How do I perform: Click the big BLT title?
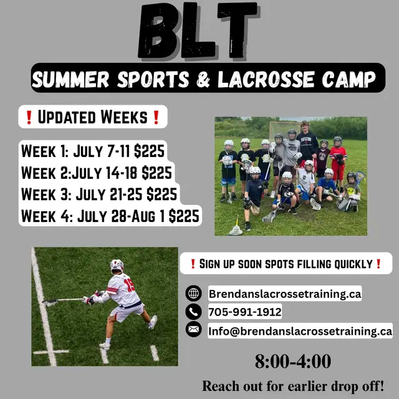(198, 31)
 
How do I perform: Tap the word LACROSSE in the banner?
(266, 79)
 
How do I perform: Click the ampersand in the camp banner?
(203, 79)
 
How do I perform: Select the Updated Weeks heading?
(93, 117)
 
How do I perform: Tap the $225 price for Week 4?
(184, 216)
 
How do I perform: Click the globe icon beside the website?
(193, 293)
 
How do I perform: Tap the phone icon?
(193, 312)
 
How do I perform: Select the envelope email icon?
(193, 330)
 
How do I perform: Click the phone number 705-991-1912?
(245, 312)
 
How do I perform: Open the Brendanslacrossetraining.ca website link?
(285, 294)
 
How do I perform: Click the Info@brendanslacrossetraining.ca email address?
(300, 331)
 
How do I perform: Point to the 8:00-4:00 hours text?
(293, 362)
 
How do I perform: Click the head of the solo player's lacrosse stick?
(50, 302)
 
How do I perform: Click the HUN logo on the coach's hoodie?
(306, 140)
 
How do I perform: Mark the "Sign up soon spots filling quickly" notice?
(286, 264)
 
